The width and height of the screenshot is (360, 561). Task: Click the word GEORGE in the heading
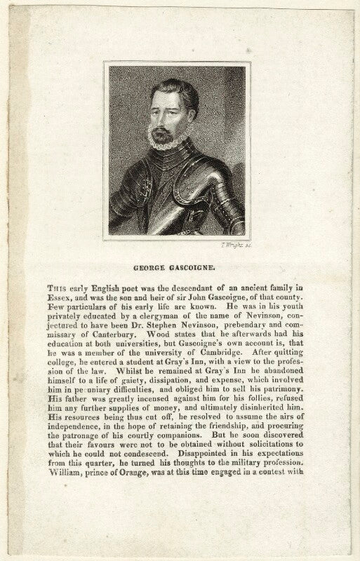click(149, 266)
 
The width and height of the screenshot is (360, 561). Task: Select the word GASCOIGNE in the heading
click(189, 266)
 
